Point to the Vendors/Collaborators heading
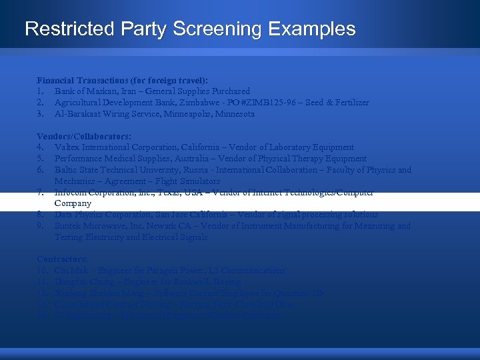point(84,136)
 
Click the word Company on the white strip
point(73,203)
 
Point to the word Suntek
point(67,226)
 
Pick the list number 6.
point(41,170)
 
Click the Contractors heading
point(63,259)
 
